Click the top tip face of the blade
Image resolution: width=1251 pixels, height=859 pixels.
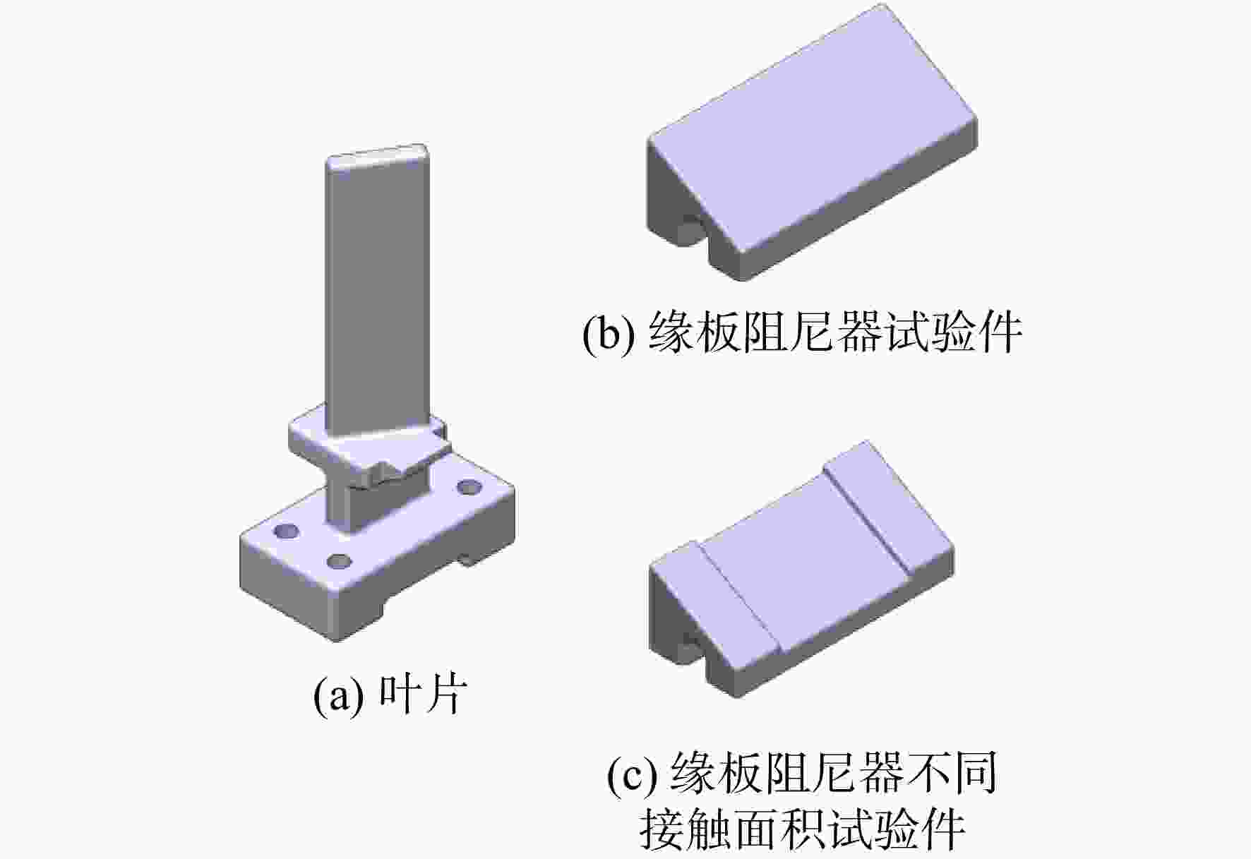377,157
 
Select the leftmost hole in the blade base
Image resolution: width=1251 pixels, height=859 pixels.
287,531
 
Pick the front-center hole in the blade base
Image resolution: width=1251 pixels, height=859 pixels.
340,562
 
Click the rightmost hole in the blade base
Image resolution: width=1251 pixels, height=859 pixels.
469,487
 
